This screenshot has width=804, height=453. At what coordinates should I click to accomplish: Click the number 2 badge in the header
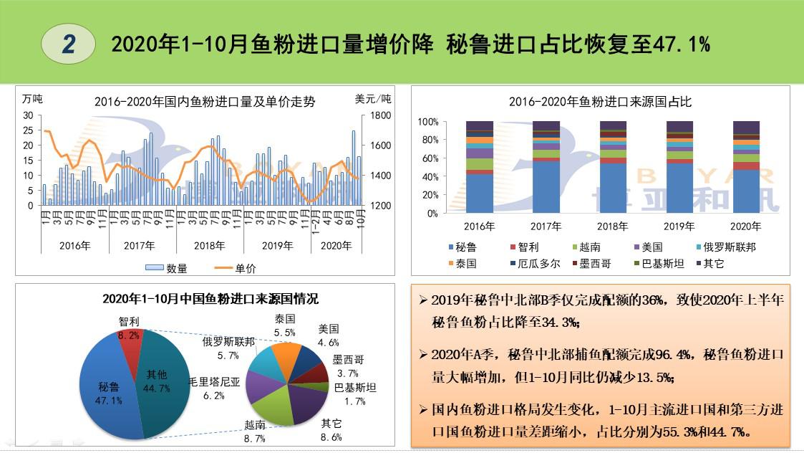(x=69, y=44)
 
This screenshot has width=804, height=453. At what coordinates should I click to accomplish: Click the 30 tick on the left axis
(x=29, y=115)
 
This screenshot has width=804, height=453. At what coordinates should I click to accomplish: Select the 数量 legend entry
(x=170, y=268)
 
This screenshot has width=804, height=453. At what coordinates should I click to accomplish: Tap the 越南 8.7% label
(x=255, y=431)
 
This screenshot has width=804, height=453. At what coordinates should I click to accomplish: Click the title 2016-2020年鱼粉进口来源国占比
(x=600, y=102)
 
